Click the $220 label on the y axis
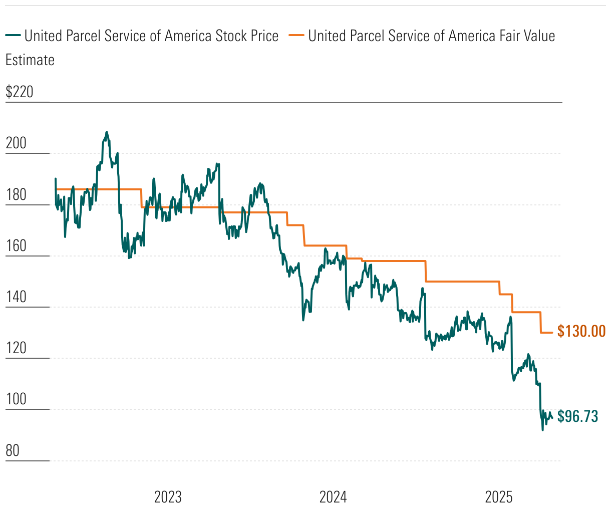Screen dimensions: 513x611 point(19,92)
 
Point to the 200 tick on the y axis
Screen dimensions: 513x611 point(16,143)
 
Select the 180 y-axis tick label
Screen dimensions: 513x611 point(16,195)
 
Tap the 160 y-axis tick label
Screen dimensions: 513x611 point(16,246)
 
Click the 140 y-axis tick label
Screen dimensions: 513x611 point(16,297)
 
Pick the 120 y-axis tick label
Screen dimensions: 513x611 point(16,348)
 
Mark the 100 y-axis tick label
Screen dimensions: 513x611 point(16,399)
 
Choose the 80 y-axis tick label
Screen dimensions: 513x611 point(13,451)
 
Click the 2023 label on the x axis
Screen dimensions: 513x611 point(168,497)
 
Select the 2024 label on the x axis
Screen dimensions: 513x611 point(333,497)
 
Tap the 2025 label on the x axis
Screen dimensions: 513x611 point(499,497)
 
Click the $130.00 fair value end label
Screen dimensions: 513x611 point(581,331)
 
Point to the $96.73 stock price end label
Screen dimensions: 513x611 point(577,416)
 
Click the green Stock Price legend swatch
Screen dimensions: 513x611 point(13,36)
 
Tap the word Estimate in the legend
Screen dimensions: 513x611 point(30,60)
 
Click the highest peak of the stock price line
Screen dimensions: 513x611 point(106,132)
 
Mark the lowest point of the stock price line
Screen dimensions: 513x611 point(542,430)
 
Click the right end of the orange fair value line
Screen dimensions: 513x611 point(552,332)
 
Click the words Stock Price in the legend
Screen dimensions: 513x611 point(247,36)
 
